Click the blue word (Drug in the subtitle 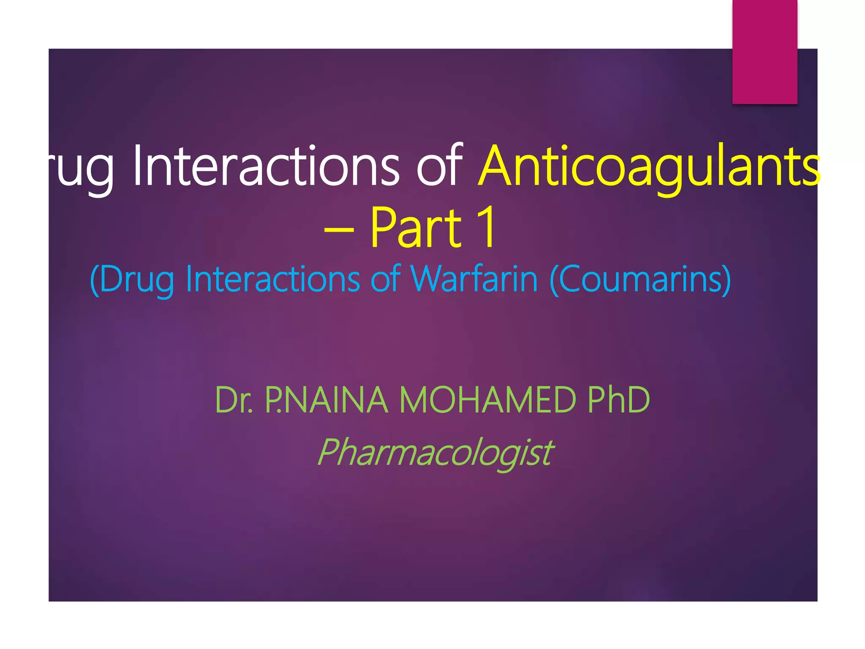click(132, 280)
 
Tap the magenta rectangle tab click(764, 52)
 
